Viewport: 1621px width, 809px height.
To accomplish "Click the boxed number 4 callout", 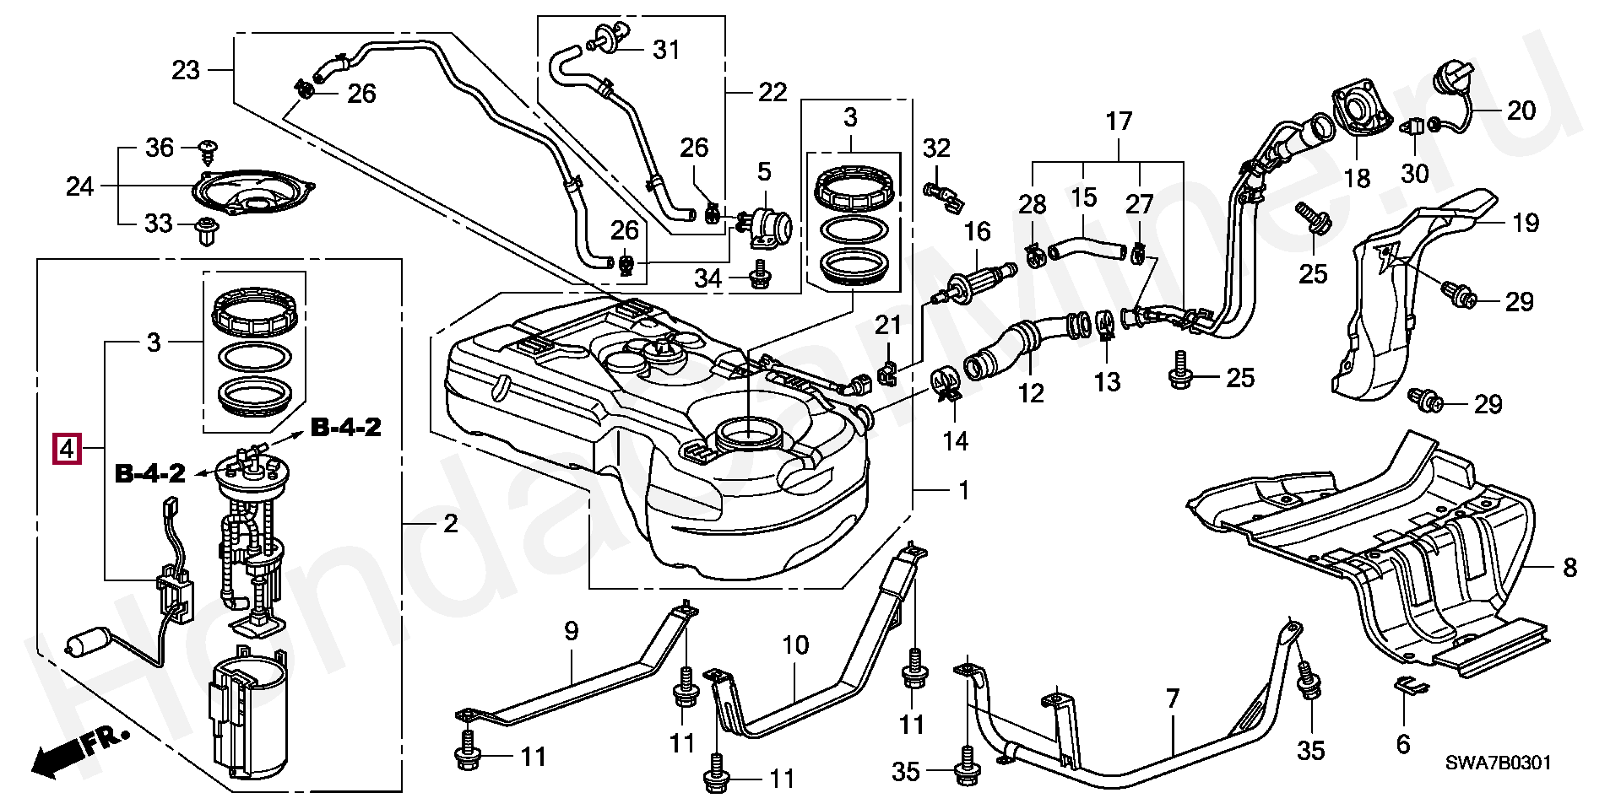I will tap(67, 447).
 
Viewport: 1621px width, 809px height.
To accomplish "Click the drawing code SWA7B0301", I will tap(1497, 763).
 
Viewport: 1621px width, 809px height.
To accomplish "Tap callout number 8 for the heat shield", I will tap(1569, 567).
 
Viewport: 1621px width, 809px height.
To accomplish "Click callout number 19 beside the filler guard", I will tap(1526, 223).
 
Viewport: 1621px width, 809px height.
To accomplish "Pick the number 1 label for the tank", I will tap(964, 490).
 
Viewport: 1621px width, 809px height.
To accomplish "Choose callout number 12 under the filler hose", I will tap(1031, 393).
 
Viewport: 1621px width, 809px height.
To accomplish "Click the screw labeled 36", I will tap(207, 151).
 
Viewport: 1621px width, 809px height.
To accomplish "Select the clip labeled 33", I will tap(207, 229).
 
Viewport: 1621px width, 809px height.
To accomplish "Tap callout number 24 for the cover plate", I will tap(79, 186).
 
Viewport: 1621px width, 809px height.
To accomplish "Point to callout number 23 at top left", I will tap(186, 69).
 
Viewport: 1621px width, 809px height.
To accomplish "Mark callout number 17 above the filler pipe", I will tap(1119, 121).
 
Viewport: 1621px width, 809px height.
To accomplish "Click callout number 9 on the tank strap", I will tap(572, 630).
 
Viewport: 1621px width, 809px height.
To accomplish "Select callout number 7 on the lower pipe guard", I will tap(1172, 698).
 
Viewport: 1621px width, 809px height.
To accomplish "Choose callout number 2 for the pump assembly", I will tap(451, 524).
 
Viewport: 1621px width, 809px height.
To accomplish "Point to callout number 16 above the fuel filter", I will tap(977, 231).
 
